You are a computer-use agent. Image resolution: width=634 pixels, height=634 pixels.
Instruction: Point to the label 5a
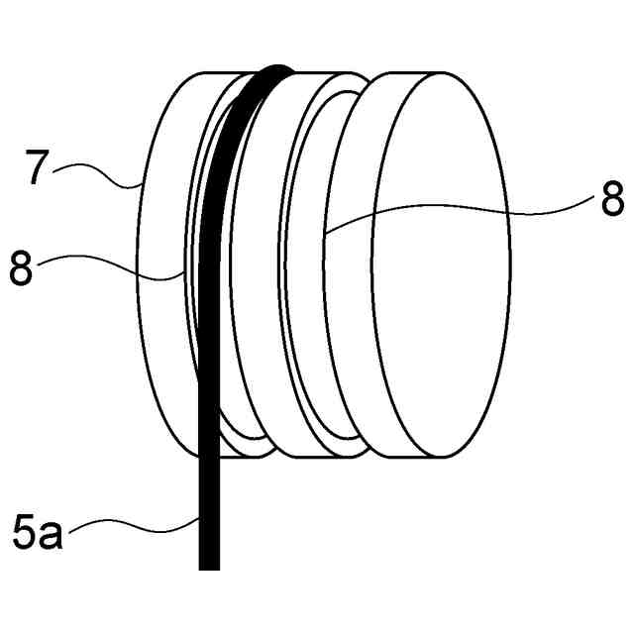[x=38, y=533]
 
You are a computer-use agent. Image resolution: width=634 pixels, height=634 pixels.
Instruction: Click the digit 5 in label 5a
[x=26, y=533]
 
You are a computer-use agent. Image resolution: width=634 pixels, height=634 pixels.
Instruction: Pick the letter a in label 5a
[x=51, y=535]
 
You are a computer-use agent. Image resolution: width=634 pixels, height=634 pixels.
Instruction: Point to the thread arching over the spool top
[x=267, y=76]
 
